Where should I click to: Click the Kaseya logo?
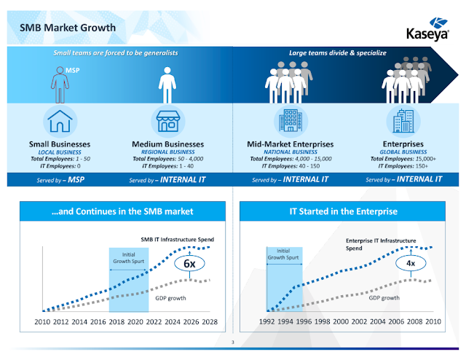click(427, 29)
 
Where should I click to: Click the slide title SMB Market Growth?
click(68, 28)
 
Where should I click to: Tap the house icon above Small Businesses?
click(60, 121)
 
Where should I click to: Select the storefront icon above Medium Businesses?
click(168, 121)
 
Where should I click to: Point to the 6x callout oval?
click(189, 263)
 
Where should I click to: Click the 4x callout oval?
click(411, 263)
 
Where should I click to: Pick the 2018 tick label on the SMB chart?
click(116, 321)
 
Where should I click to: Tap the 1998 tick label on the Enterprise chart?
click(322, 321)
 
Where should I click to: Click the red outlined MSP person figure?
click(60, 85)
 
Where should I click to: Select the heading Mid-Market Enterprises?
click(291, 144)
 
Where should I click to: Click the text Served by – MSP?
click(60, 180)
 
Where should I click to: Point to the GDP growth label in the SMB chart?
click(170, 298)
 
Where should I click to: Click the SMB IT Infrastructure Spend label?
click(178, 240)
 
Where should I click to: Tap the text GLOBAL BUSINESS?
click(403, 152)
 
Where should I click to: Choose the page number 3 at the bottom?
click(233, 343)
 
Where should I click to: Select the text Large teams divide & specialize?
click(338, 53)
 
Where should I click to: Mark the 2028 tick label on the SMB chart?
click(210, 321)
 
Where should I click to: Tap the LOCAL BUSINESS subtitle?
click(60, 152)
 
